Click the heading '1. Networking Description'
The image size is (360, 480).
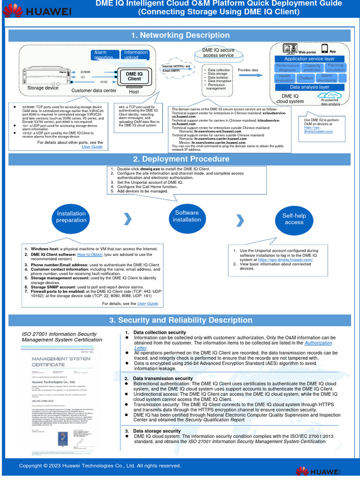(x=180, y=36)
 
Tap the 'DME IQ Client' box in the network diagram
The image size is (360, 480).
(x=134, y=76)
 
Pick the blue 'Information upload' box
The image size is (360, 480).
(x=135, y=54)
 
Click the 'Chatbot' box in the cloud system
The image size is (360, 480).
(x=306, y=78)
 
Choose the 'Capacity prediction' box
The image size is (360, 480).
(x=312, y=68)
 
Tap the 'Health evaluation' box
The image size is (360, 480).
(x=285, y=78)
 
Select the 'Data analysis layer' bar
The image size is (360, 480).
(x=309, y=87)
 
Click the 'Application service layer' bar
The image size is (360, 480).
(x=309, y=59)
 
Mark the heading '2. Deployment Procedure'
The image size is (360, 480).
(x=180, y=159)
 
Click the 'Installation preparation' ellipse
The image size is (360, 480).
(x=71, y=217)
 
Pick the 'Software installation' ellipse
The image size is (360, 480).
(x=187, y=216)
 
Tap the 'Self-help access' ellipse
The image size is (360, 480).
(x=294, y=219)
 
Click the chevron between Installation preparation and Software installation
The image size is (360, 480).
(x=127, y=218)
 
